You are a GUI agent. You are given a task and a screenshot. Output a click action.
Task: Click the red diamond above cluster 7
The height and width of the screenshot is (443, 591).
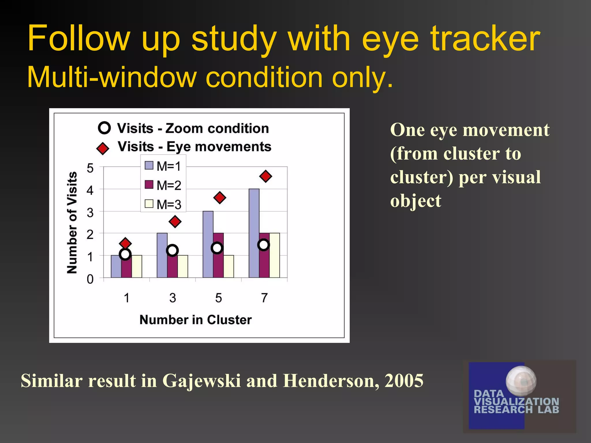click(x=265, y=176)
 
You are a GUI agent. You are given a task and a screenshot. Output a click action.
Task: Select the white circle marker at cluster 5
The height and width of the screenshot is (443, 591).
click(x=217, y=248)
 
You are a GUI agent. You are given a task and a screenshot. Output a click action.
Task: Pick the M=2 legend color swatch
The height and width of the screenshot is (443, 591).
click(x=149, y=185)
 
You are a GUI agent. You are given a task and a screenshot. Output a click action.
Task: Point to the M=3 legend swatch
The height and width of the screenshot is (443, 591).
click(x=149, y=204)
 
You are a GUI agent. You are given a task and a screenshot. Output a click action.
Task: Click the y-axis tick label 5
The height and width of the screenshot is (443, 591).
click(x=90, y=168)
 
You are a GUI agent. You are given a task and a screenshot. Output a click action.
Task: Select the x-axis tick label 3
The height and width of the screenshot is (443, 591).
click(x=173, y=298)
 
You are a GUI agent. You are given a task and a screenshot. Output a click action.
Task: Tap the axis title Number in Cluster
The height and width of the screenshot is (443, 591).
click(x=195, y=320)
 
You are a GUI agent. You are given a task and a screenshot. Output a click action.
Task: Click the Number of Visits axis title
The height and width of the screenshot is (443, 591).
click(x=72, y=222)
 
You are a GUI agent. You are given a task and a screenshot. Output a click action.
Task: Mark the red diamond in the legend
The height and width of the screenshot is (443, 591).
click(x=102, y=148)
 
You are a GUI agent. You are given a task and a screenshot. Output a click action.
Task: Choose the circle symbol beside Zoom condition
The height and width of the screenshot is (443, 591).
click(x=104, y=128)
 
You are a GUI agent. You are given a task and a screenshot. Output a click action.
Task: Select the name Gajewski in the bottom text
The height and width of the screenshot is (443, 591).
click(x=201, y=381)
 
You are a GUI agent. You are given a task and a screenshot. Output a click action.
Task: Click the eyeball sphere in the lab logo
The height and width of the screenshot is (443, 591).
click(x=521, y=380)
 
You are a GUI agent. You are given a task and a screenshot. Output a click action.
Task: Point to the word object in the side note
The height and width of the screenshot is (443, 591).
click(x=416, y=201)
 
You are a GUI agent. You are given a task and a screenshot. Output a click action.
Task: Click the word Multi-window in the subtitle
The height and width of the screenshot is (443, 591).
click(x=111, y=77)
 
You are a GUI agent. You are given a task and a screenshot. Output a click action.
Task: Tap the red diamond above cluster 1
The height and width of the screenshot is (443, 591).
click(x=125, y=243)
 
